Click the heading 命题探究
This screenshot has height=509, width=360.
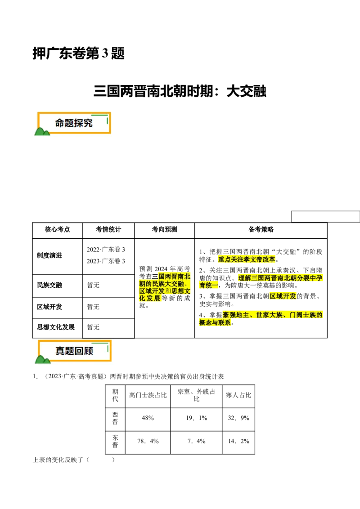click(74, 123)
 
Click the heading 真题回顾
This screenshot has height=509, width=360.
click(74, 351)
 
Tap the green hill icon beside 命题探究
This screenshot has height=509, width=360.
click(42, 131)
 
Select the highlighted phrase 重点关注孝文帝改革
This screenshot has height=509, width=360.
click(247, 259)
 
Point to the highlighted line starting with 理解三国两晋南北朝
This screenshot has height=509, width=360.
click(280, 278)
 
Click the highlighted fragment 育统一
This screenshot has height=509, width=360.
click(208, 286)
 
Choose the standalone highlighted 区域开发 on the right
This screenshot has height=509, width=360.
click(283, 296)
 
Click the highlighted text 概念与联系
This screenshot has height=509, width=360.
click(215, 323)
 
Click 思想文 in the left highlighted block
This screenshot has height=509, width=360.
click(181, 291)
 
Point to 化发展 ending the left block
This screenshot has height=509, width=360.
click(149, 299)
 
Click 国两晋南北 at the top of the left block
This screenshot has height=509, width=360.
click(174, 276)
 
